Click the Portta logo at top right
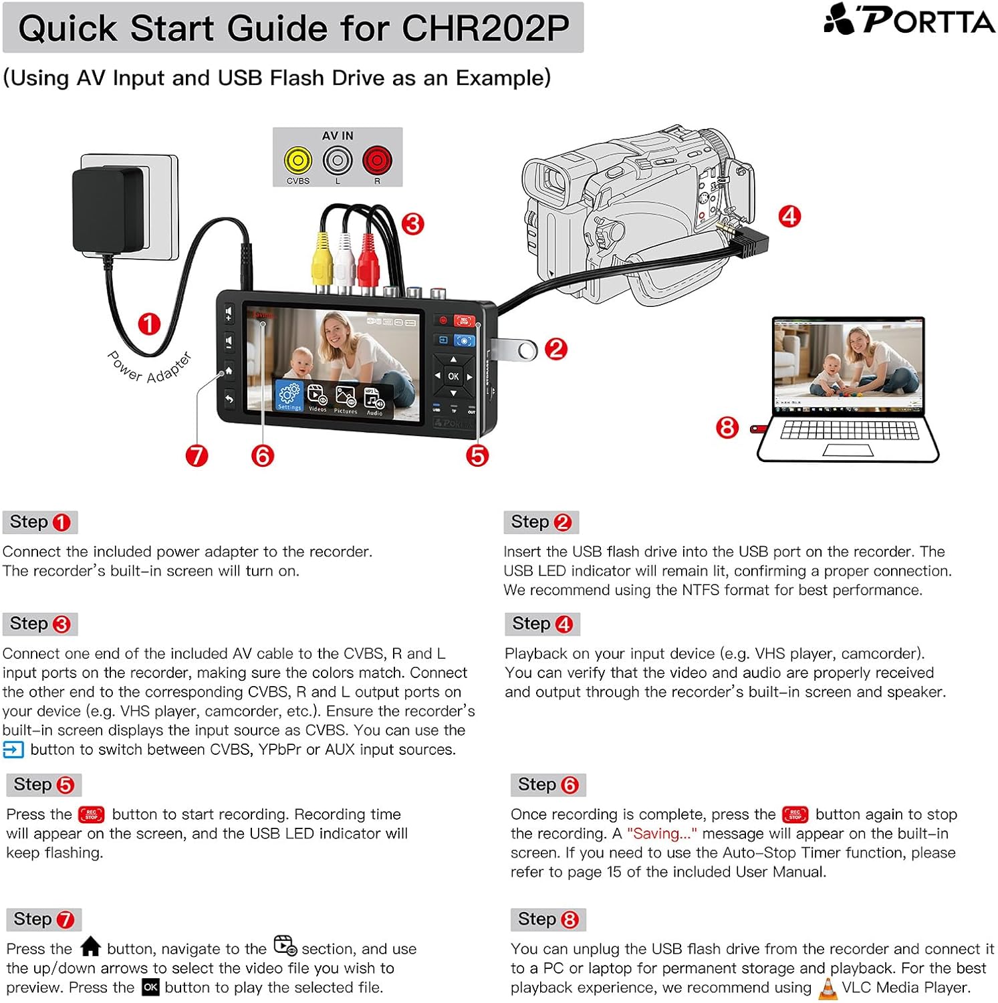pyautogui.click(x=909, y=19)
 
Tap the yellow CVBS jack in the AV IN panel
pyautogui.click(x=297, y=160)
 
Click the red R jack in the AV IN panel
pyautogui.click(x=377, y=160)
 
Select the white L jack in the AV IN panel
pyautogui.click(x=338, y=160)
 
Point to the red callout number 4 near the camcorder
pyautogui.click(x=789, y=217)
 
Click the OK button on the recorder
pyautogui.click(x=453, y=376)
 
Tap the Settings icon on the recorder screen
pyautogui.click(x=289, y=395)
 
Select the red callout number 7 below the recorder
pyautogui.click(x=197, y=456)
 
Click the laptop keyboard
pyautogui.click(x=849, y=430)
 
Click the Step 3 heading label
pyautogui.click(x=40, y=624)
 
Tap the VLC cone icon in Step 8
pyautogui.click(x=828, y=988)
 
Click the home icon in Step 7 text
pyautogui.click(x=90, y=948)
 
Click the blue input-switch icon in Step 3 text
pyautogui.click(x=13, y=750)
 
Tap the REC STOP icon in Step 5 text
pyautogui.click(x=92, y=814)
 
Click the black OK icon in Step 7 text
pyautogui.click(x=150, y=988)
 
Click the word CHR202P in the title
pyautogui.click(x=485, y=28)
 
